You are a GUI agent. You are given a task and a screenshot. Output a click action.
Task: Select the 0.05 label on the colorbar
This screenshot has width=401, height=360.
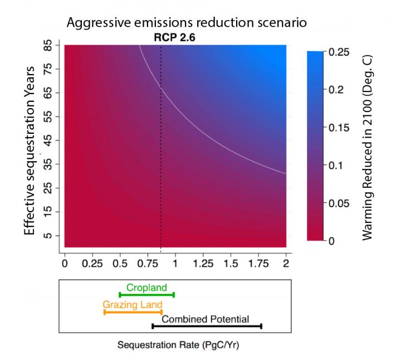point(341,203)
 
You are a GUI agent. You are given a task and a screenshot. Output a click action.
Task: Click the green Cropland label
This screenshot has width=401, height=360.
point(146,288)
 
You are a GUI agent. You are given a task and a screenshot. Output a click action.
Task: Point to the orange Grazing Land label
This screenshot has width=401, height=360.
point(133,305)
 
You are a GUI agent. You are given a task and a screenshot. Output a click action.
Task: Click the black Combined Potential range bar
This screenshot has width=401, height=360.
point(207,326)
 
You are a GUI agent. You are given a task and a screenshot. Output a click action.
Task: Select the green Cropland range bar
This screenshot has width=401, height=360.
point(146,295)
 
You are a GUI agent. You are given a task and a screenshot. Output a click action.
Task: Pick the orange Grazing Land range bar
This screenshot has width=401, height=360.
point(133,312)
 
